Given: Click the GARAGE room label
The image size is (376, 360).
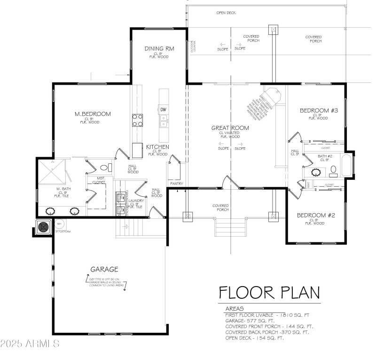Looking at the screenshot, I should [x=104, y=269].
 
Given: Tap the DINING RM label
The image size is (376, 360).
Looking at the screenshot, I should [x=157, y=49].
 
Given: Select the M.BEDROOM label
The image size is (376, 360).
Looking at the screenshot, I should [x=93, y=114].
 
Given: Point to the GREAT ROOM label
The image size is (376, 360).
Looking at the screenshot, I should [x=230, y=128].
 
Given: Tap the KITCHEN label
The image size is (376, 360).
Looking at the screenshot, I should [x=157, y=147].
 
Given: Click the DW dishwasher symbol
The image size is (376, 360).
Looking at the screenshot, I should [x=164, y=110].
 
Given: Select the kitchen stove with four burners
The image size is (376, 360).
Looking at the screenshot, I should [x=137, y=120].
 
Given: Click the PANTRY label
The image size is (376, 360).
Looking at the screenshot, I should [x=177, y=184].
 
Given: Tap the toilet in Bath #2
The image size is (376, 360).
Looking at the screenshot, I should [x=333, y=169].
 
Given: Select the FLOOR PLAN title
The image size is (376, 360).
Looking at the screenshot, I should [x=269, y=292].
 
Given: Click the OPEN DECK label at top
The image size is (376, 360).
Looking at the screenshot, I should [x=226, y=13].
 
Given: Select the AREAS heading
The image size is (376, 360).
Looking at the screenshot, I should [x=234, y=308].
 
